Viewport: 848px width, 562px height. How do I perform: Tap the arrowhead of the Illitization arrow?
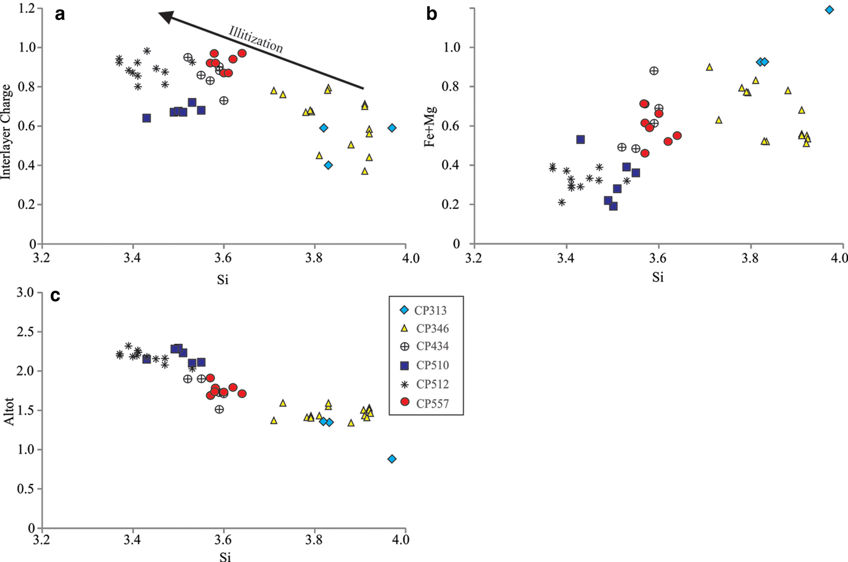tap(165, 17)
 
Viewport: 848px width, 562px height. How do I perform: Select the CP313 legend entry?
tap(431, 311)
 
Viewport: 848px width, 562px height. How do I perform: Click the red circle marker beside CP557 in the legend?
tap(405, 403)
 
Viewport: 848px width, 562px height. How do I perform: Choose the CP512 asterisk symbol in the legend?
tap(405, 384)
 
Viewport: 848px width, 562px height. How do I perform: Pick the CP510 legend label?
tap(432, 365)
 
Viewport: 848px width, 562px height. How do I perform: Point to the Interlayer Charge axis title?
tap(7, 131)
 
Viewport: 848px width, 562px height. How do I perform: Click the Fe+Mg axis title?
tap(430, 126)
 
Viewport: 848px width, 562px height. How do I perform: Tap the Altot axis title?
tap(8, 411)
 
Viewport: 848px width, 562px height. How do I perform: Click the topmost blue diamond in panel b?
tap(829, 10)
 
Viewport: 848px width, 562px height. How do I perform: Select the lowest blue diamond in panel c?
tap(392, 459)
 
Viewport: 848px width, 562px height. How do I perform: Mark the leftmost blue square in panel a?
tap(147, 118)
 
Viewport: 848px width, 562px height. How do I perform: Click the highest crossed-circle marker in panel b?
tap(654, 71)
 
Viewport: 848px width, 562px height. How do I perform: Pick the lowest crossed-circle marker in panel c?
tap(219, 409)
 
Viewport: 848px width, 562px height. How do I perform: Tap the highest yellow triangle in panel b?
tap(709, 67)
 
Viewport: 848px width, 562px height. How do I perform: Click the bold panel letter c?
tap(55, 296)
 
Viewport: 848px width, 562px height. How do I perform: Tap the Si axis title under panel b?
tap(658, 277)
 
